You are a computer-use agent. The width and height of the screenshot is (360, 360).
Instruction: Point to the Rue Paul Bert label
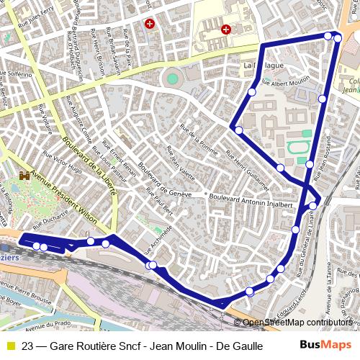pyautogui.click(x=160, y=202)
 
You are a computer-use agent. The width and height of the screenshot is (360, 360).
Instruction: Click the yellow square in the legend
pyautogui.click(x=10, y=346)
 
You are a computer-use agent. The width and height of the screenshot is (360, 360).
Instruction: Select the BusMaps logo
pyautogui.click(x=325, y=346)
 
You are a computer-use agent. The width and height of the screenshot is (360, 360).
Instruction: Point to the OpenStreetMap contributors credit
pyautogui.click(x=297, y=323)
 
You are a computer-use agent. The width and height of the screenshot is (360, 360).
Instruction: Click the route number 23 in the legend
pyautogui.click(x=27, y=346)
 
